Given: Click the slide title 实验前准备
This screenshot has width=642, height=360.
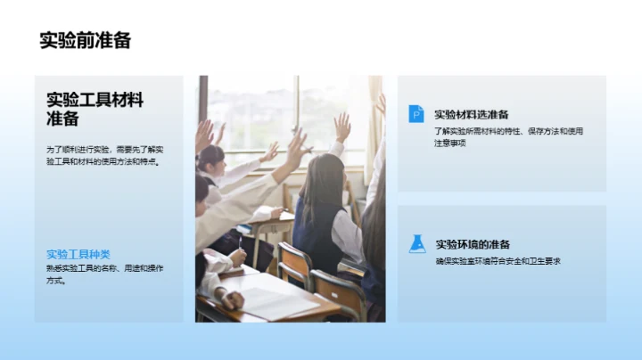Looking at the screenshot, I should pos(86,40).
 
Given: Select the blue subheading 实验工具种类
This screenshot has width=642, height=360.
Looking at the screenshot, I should pos(78,254).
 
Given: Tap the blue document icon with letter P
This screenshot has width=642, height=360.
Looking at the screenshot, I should pos(416,113).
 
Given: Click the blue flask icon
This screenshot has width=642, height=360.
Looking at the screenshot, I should pos(416,243).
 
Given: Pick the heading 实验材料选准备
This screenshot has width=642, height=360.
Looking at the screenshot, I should pos(471,114).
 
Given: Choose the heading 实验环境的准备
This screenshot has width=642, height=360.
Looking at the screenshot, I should pos(473,244).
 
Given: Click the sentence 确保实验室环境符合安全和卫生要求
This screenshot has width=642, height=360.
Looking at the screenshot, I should pos(498,261).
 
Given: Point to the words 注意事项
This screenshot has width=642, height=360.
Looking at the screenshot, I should pos(450,143).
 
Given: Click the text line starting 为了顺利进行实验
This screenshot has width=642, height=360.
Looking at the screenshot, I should pos(111,149).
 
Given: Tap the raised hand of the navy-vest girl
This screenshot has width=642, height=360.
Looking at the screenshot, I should pos(342,125).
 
